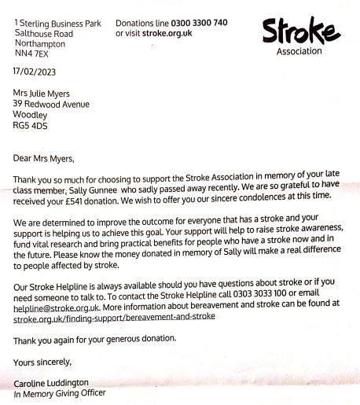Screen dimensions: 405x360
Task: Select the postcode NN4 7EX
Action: coord(31,55)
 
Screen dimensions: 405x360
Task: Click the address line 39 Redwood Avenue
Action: coord(51,104)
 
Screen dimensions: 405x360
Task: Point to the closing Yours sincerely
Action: coord(42,363)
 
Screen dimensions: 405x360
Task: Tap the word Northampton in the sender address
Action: coord(42,45)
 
